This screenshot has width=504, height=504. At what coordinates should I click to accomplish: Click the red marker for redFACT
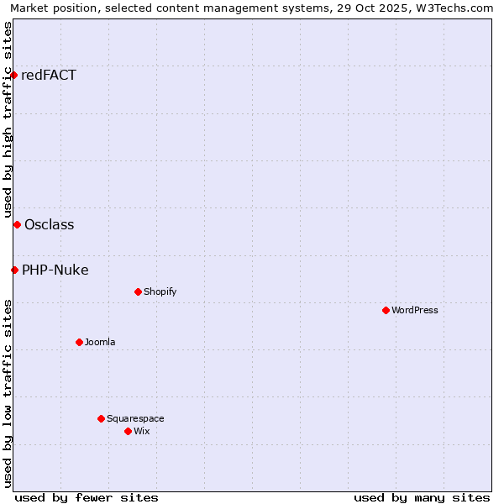click(x=13, y=76)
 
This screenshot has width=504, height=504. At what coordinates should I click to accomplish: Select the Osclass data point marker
click(x=17, y=224)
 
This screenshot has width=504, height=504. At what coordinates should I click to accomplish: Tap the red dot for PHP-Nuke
click(x=14, y=270)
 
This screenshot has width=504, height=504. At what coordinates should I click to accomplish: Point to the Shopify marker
click(x=138, y=292)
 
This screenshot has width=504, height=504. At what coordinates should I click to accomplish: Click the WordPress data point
click(x=386, y=310)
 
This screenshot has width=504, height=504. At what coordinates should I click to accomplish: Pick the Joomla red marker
click(x=79, y=342)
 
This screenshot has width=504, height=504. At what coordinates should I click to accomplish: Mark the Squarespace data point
click(x=101, y=418)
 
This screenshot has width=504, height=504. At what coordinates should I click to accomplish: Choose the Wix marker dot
click(x=128, y=431)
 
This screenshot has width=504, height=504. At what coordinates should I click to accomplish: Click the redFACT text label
click(x=49, y=76)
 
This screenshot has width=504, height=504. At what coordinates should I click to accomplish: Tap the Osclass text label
click(x=50, y=224)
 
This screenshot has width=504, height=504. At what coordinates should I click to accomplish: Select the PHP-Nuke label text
click(x=55, y=270)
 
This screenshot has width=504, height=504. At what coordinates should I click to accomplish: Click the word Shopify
click(x=160, y=292)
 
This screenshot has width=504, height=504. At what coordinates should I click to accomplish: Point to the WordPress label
click(x=415, y=310)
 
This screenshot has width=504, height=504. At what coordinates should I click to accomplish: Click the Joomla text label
click(x=100, y=342)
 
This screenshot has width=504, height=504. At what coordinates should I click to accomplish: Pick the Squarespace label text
click(x=135, y=418)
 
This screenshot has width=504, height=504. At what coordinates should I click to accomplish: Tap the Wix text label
click(x=142, y=431)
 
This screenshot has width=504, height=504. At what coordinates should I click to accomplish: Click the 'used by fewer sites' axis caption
click(x=87, y=497)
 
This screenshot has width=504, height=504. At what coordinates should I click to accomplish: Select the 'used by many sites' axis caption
click(x=422, y=497)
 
